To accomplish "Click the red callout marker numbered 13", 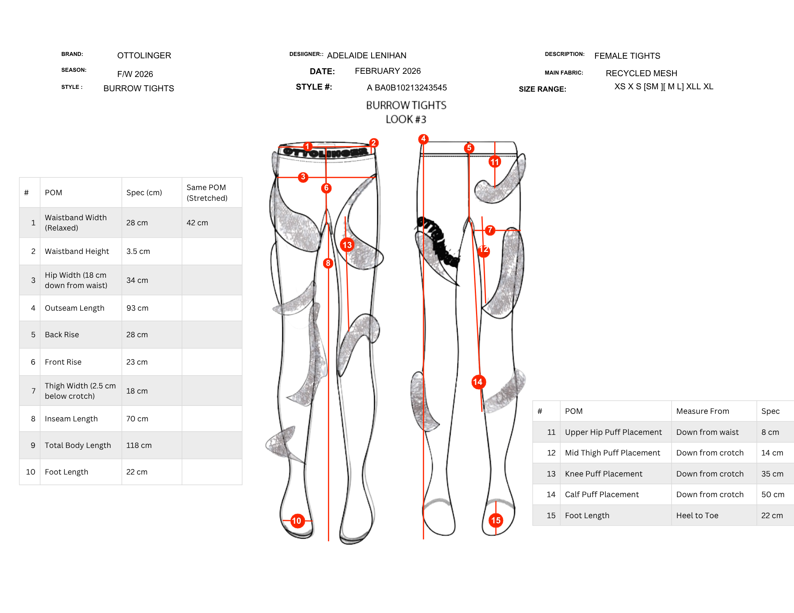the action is point(347,245).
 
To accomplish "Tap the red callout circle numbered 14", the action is point(478,382).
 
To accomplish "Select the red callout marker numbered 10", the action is point(297,521).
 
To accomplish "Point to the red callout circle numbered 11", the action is point(495,162).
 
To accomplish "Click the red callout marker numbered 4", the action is point(424,139).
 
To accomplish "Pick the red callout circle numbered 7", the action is point(490,230).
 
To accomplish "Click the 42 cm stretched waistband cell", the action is point(197,223).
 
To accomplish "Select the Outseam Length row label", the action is point(75,308).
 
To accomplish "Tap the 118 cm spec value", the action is point(139,446).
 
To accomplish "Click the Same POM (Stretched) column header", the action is point(207,193).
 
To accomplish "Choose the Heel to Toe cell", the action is point(698,515).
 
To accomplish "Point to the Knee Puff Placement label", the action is point(603,474).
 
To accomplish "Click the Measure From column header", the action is point(703,411).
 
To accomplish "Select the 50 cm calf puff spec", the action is point(773,495).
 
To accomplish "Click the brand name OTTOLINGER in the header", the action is point(144,56).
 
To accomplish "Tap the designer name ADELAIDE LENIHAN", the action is point(367,56).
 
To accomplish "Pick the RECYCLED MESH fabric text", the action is point(642,73).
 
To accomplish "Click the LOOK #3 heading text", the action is point(406,119).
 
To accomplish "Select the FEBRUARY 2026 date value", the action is point(388,71).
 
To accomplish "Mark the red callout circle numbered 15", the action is point(496,521).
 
